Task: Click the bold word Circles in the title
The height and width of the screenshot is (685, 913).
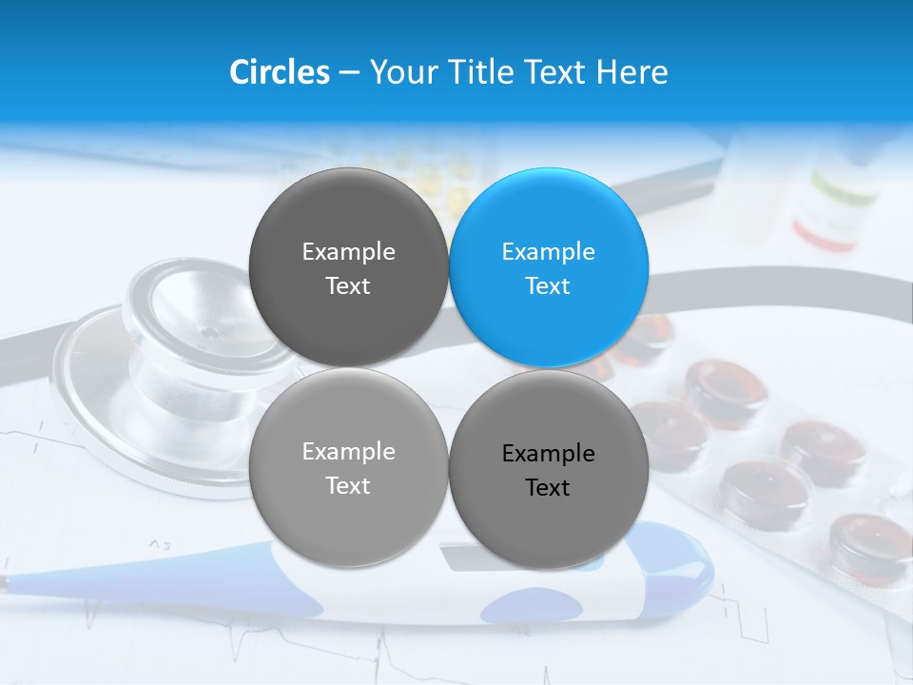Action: [279, 72]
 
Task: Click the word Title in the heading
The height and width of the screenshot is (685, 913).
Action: [483, 72]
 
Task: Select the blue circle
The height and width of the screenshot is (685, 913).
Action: [549, 267]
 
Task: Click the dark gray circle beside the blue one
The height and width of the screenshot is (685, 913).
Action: [348, 267]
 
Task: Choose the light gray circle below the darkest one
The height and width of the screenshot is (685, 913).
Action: [348, 467]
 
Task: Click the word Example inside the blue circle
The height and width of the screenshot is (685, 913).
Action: [548, 252]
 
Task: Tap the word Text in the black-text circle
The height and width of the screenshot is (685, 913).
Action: [548, 488]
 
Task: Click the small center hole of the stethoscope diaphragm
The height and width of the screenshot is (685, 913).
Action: [206, 333]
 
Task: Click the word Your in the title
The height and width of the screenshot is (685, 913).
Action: [400, 72]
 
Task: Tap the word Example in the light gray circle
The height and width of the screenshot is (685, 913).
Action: [348, 452]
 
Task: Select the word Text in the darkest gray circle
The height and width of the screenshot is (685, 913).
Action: [348, 286]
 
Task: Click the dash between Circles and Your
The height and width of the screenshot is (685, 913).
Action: [349, 72]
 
